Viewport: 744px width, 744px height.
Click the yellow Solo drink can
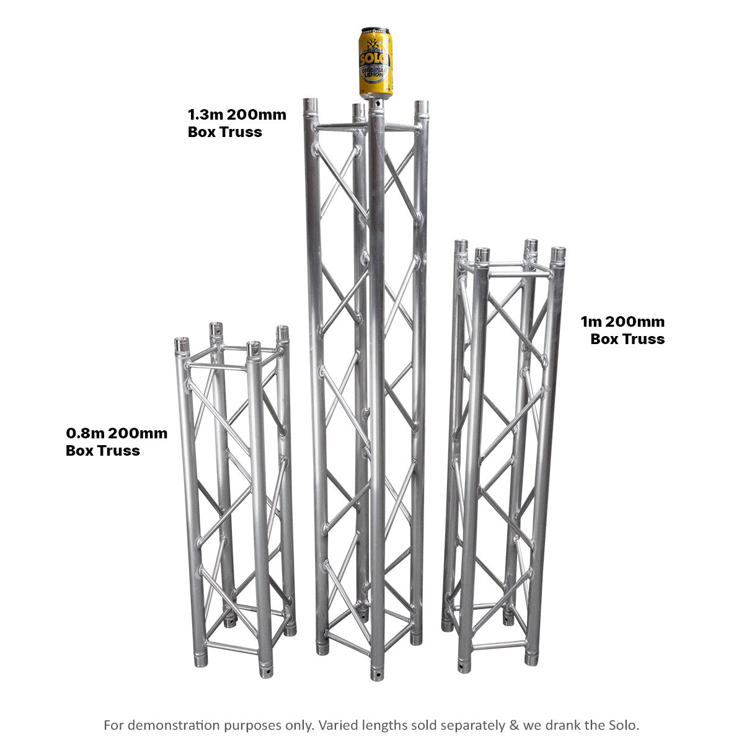click(x=375, y=62)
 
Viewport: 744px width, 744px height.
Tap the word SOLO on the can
click(x=375, y=59)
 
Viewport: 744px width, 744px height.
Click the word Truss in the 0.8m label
click(x=118, y=451)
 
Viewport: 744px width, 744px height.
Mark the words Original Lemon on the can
click(x=375, y=76)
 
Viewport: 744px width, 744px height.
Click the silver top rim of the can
click(x=375, y=30)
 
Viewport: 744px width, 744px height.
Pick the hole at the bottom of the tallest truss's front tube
click(x=377, y=671)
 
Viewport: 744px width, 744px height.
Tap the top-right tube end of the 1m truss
click(x=558, y=254)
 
